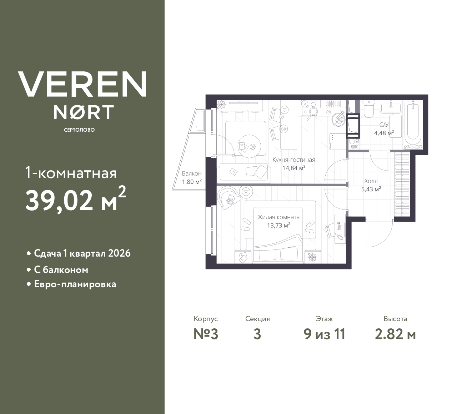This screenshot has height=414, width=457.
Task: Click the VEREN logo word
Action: (82, 84)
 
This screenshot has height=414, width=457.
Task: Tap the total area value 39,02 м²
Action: (76, 200)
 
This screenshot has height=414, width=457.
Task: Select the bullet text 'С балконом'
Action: (61, 270)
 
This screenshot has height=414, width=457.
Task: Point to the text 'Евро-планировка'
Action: (75, 284)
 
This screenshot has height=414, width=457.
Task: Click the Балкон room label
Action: (192, 174)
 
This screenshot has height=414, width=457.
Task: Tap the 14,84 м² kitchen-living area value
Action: (294, 168)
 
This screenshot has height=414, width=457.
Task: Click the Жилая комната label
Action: (278, 217)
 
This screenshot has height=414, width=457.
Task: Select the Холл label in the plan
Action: (371, 181)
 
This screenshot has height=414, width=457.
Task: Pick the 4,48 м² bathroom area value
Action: (384, 133)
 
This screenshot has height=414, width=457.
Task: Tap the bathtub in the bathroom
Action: (413, 125)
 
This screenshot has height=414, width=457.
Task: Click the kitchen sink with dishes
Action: (338, 118)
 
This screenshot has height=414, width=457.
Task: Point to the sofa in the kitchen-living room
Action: (244, 173)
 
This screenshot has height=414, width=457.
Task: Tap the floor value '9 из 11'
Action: (325, 334)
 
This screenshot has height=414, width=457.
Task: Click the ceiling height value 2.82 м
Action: (395, 335)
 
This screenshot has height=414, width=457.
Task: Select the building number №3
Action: (206, 334)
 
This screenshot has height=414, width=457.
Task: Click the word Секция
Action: (257, 319)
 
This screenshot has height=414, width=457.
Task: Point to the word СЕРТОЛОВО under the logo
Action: (79, 130)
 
